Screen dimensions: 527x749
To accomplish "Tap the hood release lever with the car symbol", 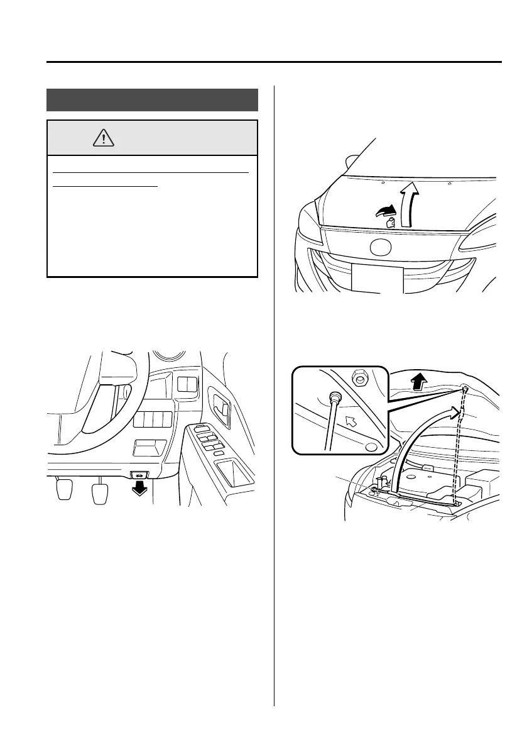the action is tap(139, 476).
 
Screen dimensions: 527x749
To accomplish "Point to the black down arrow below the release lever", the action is tap(139, 489).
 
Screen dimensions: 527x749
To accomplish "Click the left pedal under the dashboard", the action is tap(65, 491).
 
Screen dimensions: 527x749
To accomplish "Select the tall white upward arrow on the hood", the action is tap(410, 201).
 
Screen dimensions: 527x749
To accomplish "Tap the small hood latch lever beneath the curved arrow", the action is tap(389, 222).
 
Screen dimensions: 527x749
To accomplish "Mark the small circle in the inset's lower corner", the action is tap(371, 448).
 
